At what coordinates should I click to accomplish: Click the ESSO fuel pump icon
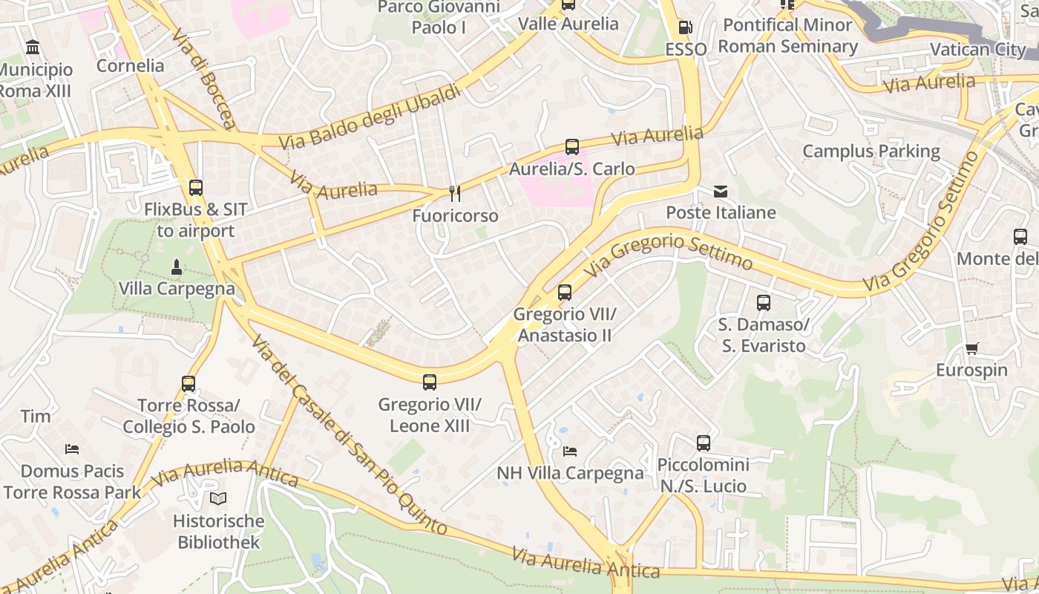[x=685, y=28]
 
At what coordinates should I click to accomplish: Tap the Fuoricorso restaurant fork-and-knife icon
[x=455, y=194]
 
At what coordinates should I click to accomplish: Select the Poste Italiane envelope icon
[x=721, y=192]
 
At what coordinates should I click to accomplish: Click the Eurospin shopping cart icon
[x=972, y=348]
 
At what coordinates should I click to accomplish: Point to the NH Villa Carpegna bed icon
[x=570, y=451]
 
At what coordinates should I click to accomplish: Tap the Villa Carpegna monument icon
[x=177, y=267]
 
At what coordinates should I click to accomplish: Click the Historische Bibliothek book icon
[x=217, y=498]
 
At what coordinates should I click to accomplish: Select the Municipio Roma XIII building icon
[x=33, y=48]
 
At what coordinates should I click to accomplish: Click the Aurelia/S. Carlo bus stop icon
[x=571, y=147]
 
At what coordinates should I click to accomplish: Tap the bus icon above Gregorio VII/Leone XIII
[x=429, y=382]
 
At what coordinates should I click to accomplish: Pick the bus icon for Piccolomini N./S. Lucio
[x=703, y=443]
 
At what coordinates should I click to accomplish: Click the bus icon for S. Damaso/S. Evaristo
[x=763, y=303]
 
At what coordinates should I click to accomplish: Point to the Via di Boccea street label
[x=203, y=79]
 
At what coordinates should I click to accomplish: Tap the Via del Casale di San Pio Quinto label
[x=348, y=434]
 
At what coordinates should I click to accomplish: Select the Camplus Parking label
[x=871, y=151]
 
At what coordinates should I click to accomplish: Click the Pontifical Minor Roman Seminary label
[x=787, y=36]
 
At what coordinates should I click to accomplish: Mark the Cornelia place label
[x=131, y=65]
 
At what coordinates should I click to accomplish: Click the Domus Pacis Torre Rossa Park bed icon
[x=72, y=448]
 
